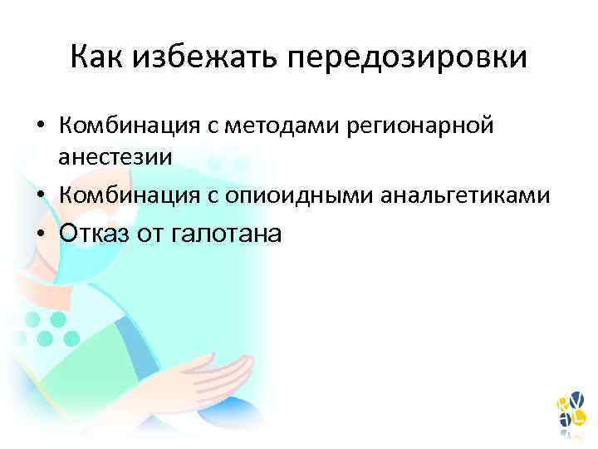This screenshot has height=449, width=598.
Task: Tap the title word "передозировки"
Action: (x=409, y=57)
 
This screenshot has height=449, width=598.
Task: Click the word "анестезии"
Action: (x=115, y=155)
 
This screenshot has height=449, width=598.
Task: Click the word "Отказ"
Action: (x=94, y=234)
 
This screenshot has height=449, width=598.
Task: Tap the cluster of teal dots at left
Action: (x=46, y=328)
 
